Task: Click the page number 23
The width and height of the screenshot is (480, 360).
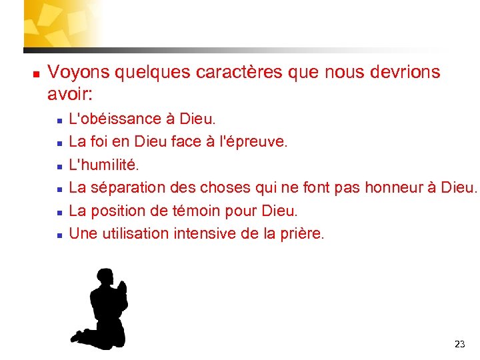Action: [459, 344]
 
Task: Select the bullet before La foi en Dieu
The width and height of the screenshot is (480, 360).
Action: [59, 143]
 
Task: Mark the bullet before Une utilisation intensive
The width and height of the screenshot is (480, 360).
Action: [59, 234]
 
